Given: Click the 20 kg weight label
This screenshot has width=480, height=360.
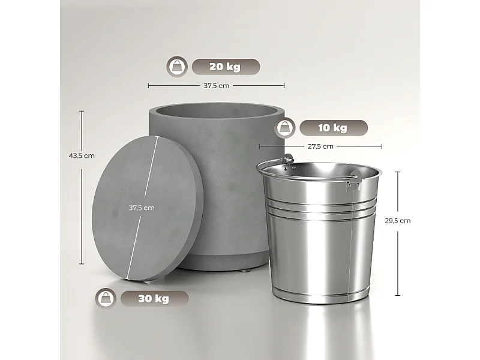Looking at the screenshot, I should [225, 67].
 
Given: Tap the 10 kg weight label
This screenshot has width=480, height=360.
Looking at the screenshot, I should [332, 128].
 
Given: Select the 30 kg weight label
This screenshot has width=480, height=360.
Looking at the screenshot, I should [154, 298].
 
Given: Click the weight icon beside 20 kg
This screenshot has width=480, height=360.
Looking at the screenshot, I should [177, 67].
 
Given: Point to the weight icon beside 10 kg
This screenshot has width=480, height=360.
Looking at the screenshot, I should [285, 128].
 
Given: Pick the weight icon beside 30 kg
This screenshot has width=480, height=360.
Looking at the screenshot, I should [106, 298].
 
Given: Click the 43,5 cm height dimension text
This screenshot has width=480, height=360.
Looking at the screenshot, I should [82, 156].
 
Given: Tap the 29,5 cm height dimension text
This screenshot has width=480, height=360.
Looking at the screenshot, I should [398, 220].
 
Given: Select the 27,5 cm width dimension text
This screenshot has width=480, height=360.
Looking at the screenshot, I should [320, 146].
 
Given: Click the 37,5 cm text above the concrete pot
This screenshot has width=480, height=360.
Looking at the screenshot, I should [216, 86].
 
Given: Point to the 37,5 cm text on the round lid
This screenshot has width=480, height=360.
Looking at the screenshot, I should [142, 208].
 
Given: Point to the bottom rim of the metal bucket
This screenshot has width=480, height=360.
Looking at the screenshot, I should [321, 296].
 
